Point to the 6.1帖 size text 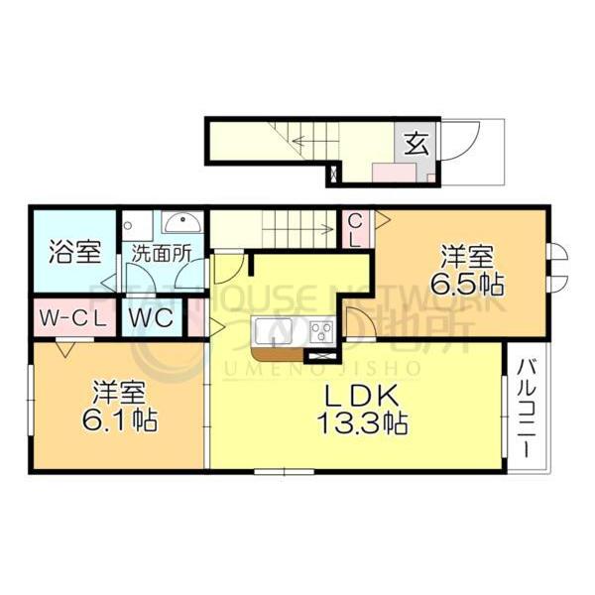[x=119, y=416]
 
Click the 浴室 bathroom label [x=74, y=251]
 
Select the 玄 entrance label [x=416, y=142]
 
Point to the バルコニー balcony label [x=526, y=407]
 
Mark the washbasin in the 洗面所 [x=180, y=222]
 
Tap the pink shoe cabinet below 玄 [x=395, y=172]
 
